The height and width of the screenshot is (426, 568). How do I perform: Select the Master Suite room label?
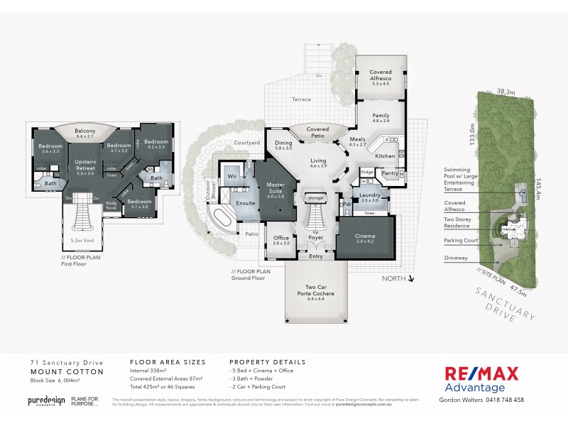pos(275,188)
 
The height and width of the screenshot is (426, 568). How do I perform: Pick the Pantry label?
pos(389,173)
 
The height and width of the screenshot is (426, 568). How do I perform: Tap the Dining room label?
pos(284,145)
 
